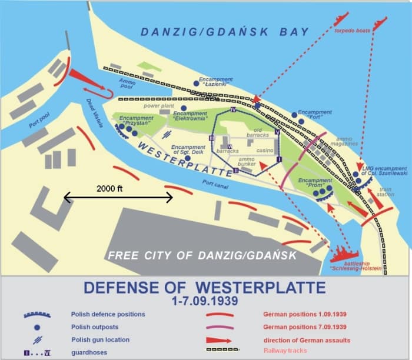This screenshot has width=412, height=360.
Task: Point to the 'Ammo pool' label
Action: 127,84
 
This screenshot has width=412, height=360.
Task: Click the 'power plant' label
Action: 157,106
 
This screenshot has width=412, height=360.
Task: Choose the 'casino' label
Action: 265,151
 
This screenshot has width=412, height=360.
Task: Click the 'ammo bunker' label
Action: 247,162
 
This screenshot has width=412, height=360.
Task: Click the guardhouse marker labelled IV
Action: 233,110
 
